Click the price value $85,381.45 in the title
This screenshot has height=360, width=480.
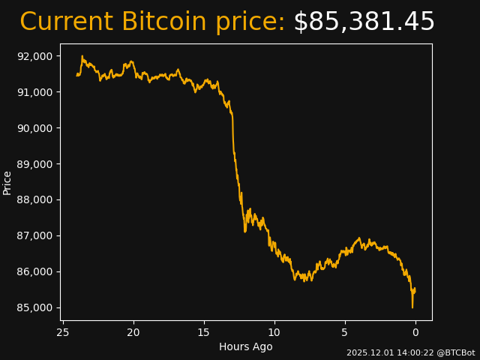(x=364, y=22)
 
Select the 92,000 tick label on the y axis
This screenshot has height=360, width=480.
(x=34, y=56)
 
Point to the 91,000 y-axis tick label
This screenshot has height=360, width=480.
(x=34, y=92)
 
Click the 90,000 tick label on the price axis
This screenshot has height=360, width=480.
(x=34, y=128)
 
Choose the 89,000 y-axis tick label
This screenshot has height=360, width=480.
(x=34, y=164)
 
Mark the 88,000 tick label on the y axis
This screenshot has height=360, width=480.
(x=34, y=200)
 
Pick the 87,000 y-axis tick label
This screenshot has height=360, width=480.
(x=34, y=236)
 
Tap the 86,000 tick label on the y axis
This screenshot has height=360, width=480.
(x=34, y=272)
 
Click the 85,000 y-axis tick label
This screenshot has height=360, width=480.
(x=34, y=308)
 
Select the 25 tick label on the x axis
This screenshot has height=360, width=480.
(x=63, y=332)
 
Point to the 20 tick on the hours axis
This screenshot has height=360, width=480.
(x=133, y=332)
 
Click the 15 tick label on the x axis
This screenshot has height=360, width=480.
(x=204, y=332)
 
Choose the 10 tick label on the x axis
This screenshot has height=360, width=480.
(x=274, y=332)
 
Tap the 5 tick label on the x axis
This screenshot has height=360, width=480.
(x=345, y=332)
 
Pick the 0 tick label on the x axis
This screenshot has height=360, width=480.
(x=415, y=332)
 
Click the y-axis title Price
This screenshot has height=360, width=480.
(x=7, y=182)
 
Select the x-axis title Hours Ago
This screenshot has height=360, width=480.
(x=246, y=346)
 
